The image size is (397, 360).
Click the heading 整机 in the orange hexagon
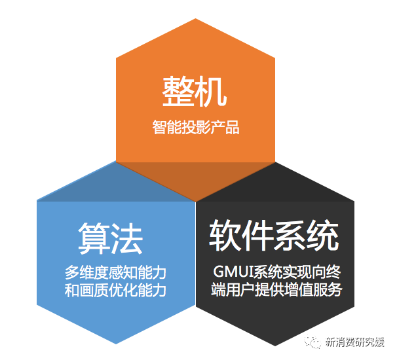(x=195, y=92)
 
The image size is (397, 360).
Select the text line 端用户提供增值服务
(x=276, y=289)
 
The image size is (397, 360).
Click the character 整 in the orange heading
(x=178, y=92)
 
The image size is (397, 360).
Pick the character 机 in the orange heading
(x=211, y=92)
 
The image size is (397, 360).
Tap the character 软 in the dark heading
(x=225, y=236)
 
